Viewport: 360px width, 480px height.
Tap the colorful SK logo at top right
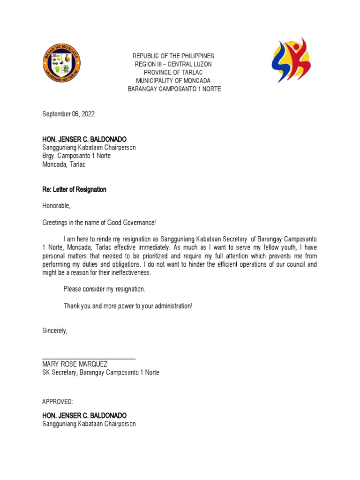291,60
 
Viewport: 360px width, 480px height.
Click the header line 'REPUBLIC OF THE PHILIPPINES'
174,56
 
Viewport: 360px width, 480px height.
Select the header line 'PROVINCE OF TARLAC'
174,72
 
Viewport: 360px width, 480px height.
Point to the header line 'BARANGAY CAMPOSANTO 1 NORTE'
174,89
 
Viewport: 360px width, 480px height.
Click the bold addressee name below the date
84,139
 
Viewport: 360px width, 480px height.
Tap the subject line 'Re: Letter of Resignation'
74,189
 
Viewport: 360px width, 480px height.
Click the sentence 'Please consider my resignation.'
105,289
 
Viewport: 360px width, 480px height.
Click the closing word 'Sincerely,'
55,331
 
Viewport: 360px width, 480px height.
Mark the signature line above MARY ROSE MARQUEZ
89,358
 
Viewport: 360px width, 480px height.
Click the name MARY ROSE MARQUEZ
75,364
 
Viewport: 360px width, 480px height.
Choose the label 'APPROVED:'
58,402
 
